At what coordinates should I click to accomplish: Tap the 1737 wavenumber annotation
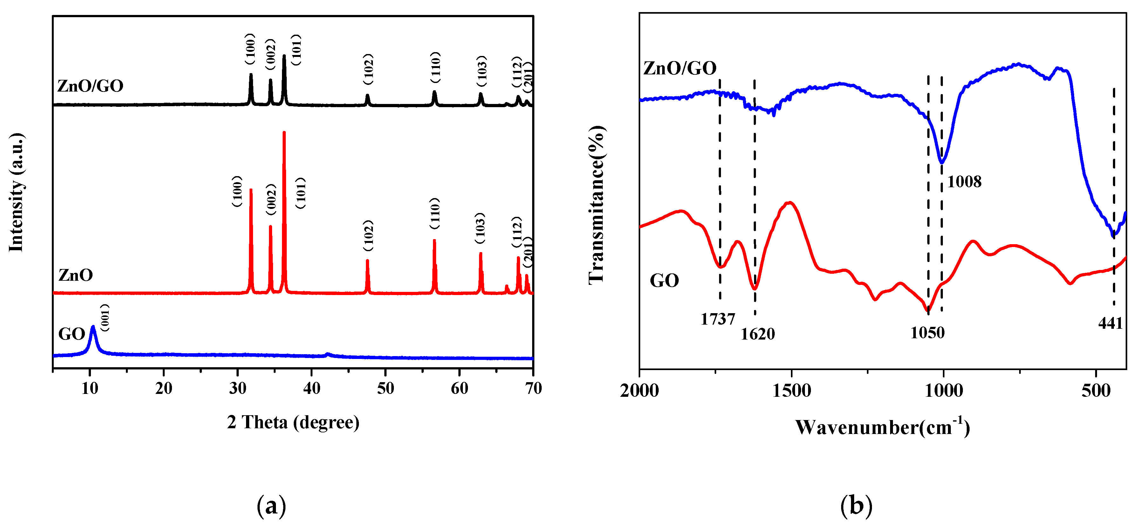tap(717, 319)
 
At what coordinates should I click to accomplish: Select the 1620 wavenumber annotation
tap(758, 334)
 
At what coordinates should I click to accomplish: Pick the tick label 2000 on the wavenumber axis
tap(639, 391)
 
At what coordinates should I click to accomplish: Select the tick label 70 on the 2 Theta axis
tap(533, 389)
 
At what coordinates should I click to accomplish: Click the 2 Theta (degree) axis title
tap(293, 423)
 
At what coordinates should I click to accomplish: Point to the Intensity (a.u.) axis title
tap(16, 192)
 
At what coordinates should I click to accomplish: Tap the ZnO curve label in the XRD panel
tap(76, 275)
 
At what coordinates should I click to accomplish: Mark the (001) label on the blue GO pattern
tap(105, 318)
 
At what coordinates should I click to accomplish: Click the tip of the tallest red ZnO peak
tap(284, 132)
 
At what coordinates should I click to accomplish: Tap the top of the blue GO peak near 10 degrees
tap(93, 327)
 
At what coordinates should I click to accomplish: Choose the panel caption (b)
tap(856, 506)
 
